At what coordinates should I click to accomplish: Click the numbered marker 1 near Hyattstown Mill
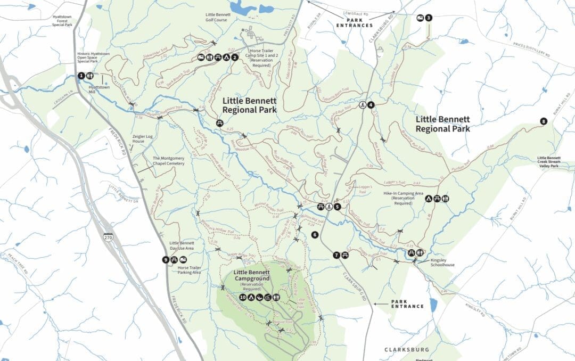pyautogui.click(x=81, y=76)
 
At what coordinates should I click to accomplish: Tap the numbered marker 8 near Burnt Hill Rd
pyautogui.click(x=543, y=121)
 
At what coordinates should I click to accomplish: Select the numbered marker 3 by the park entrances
pyautogui.click(x=429, y=18)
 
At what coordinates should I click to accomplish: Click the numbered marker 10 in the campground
pyautogui.click(x=243, y=298)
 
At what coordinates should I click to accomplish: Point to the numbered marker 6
pyautogui.click(x=315, y=235)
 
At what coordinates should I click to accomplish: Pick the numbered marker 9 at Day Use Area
pyautogui.click(x=167, y=260)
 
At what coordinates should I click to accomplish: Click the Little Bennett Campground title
pyautogui.click(x=251, y=275)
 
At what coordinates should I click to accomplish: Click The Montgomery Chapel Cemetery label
pyautogui.click(x=168, y=161)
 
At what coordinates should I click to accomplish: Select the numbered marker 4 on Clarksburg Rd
pyautogui.click(x=371, y=105)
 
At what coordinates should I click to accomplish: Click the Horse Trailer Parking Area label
pyautogui.click(x=189, y=270)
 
